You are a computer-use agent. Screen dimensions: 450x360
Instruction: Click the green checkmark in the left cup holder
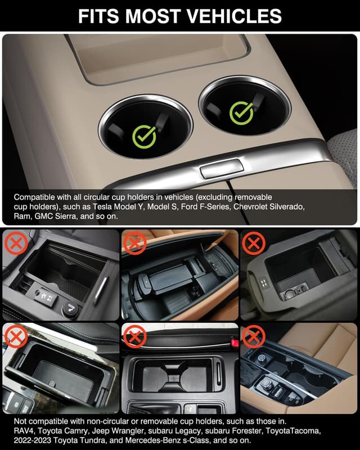pyautogui.click(x=145, y=135)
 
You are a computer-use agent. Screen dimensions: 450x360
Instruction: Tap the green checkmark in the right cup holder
pyautogui.click(x=241, y=112)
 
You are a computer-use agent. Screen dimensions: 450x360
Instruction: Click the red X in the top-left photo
pyautogui.click(x=15, y=243)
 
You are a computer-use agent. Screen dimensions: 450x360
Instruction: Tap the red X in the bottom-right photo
pyautogui.click(x=254, y=337)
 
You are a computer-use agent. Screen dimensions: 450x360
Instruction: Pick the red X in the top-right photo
pyautogui.click(x=254, y=243)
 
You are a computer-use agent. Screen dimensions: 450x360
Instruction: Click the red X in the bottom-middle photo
pyautogui.click(x=134, y=337)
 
